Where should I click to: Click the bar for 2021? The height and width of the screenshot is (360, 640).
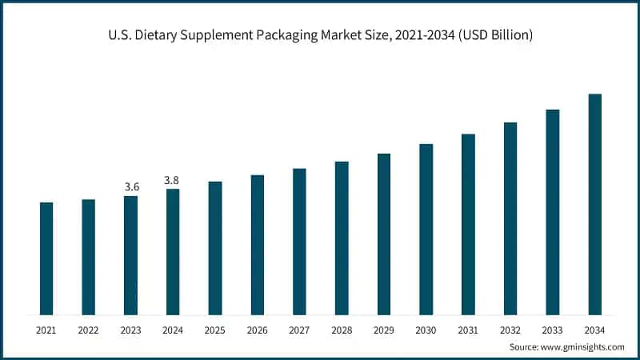[x=46, y=258]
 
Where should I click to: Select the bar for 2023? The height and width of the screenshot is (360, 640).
[x=131, y=255]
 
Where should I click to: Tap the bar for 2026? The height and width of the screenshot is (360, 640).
[x=258, y=245]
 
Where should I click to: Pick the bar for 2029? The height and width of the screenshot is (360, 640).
[x=384, y=234]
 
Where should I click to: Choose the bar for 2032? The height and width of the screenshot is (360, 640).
[x=510, y=218]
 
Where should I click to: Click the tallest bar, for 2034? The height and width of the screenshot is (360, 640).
[x=594, y=204]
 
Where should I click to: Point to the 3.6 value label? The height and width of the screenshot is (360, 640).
[x=131, y=186]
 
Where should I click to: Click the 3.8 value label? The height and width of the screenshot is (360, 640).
[x=173, y=180]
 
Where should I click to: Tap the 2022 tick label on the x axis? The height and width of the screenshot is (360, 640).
[x=89, y=330]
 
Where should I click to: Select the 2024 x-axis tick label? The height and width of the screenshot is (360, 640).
[x=173, y=330]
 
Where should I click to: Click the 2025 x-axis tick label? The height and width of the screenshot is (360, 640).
[x=215, y=330]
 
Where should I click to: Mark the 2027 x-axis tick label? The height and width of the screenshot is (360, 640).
[x=299, y=330]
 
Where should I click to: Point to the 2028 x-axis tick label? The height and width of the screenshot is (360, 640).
[x=342, y=330]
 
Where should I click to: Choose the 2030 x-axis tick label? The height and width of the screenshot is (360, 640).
[x=426, y=330]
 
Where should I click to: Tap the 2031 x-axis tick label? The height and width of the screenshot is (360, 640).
[x=468, y=330]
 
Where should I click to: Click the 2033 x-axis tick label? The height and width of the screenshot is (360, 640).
[x=552, y=330]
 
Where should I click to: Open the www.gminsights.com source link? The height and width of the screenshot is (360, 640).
[x=584, y=347]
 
